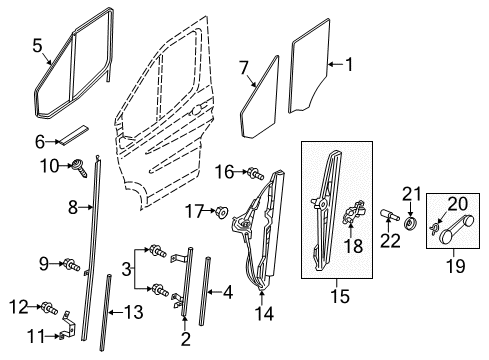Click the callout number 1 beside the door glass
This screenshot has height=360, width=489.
point(349,66)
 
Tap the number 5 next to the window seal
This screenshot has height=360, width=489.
point(37,46)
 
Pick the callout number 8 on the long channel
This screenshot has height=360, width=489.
point(72,208)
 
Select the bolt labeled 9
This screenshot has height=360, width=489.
point(73,265)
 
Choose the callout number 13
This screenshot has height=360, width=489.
point(133,313)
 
